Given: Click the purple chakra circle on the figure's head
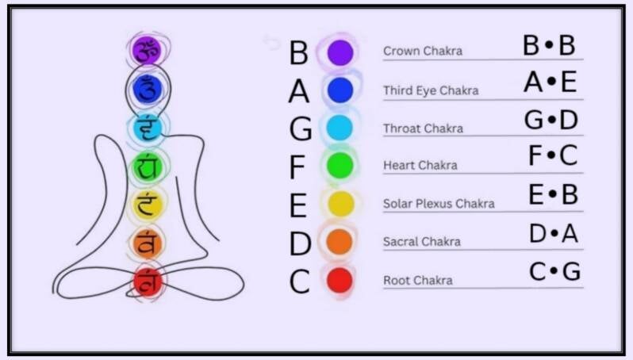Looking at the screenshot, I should pos(147,50).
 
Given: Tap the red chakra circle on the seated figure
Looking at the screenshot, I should pos(148,281).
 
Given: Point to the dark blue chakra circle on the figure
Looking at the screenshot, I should pos(147,89).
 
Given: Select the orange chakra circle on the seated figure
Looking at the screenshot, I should pos(148,243).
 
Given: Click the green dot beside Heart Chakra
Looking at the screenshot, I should pos(340,165).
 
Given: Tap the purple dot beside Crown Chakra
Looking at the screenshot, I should pos(340,52).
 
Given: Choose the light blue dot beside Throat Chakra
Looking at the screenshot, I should pos(340,128).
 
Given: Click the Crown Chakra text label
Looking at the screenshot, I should pos(422,52).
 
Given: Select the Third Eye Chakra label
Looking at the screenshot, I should pos(431,90).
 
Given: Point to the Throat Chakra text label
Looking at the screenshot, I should pos(424,128).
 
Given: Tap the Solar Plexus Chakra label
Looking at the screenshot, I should pos(439,204).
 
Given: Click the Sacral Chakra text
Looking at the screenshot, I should pos(422,242).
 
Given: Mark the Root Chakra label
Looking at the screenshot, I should pos(418,281).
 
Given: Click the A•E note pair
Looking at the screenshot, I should pos(550,82).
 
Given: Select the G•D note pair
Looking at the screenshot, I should pos(551,120).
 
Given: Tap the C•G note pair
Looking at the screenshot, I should pos(554,272).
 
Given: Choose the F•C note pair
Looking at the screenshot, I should pos(552,156).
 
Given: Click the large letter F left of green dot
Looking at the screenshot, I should pos(297,168).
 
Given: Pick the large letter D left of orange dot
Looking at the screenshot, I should pos(299,244).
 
